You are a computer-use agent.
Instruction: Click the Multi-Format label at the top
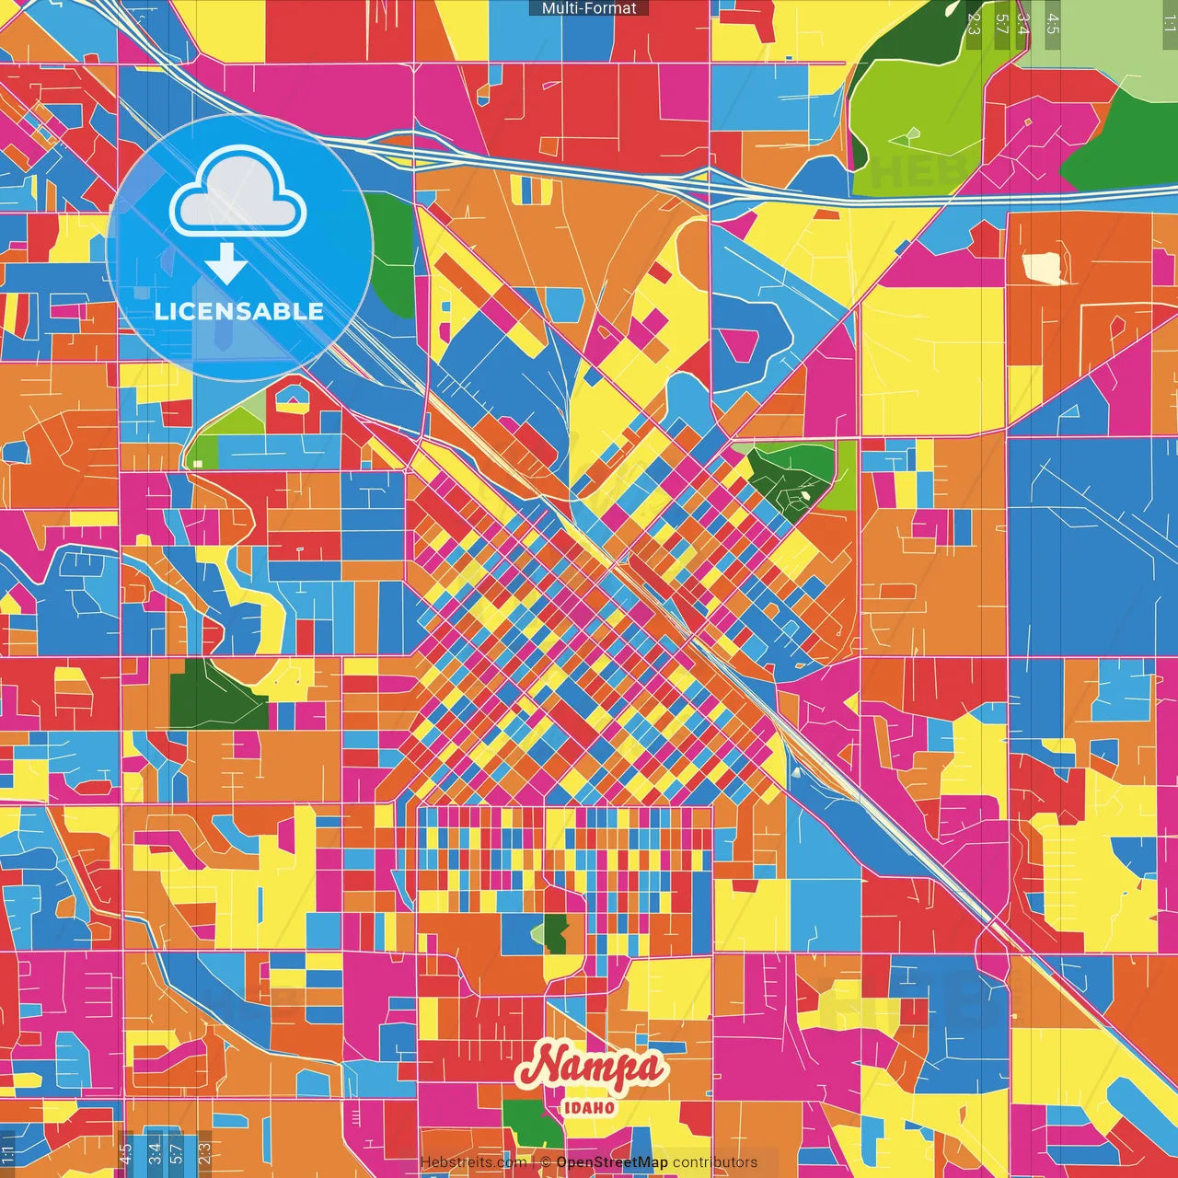pos(589,8)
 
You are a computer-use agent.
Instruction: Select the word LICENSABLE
pos(238,311)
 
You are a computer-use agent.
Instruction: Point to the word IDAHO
pos(589,1107)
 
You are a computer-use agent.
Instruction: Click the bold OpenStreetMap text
pos(612,1162)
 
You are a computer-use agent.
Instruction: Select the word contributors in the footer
pos(715,1162)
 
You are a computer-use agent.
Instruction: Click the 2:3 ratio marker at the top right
pos(974,24)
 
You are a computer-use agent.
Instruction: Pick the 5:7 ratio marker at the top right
pos(1001,24)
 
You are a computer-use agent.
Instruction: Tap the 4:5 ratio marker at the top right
pos(1052,24)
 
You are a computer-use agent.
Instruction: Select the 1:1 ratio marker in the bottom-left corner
pos(8,1153)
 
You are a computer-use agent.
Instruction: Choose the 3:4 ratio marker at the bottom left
pos(154,1153)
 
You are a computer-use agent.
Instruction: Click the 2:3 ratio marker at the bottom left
pos(204,1153)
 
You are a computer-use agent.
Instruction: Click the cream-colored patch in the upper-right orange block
pos(1045,267)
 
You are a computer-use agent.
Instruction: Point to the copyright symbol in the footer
pos(545,1162)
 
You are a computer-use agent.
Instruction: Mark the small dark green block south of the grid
pos(555,935)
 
